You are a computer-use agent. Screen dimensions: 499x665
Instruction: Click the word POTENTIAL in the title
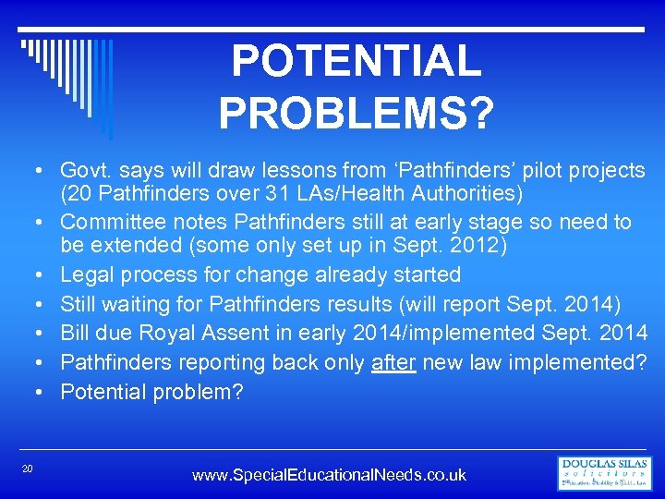pos(356,62)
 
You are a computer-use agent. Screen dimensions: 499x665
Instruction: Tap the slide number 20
pos(28,469)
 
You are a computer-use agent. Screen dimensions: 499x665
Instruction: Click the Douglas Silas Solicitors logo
pos(605,473)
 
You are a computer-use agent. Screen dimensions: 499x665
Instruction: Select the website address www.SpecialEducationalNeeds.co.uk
pos(329,475)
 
